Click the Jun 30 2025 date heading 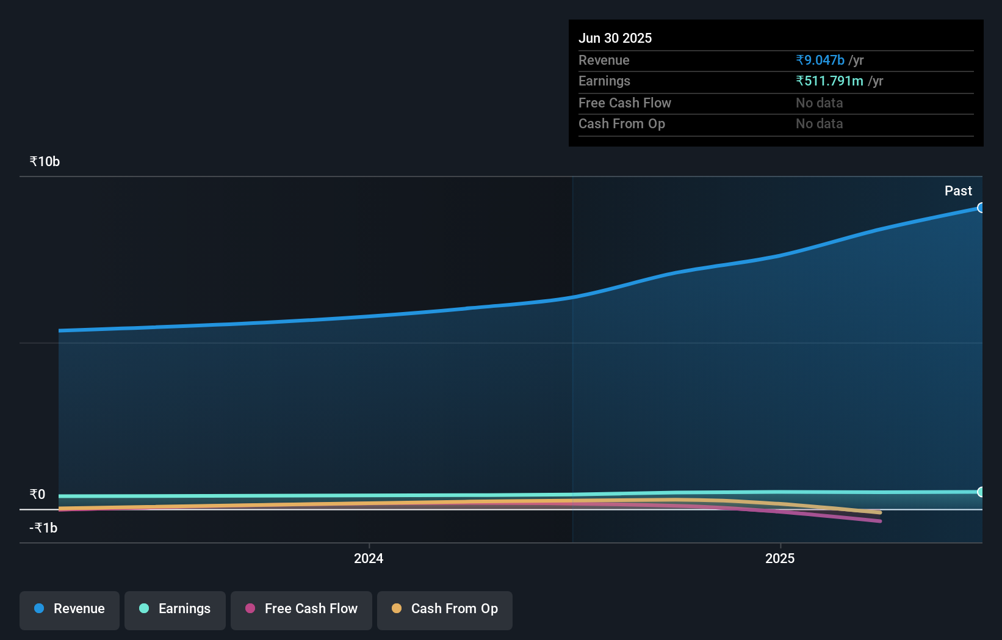point(615,38)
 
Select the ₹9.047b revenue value point(820,60)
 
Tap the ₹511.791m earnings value point(829,81)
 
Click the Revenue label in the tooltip point(604,60)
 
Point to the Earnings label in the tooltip point(604,81)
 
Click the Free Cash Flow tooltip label point(624,103)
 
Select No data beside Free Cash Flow point(819,103)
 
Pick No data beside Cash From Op point(819,123)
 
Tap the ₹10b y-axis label point(45,161)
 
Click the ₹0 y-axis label point(37,494)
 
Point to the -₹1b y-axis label point(43,528)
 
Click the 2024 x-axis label point(369,558)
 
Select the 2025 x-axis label point(780,558)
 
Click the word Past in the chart point(957,191)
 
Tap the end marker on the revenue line point(981,208)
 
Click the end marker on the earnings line point(981,492)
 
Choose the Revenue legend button point(70,609)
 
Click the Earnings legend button point(175,609)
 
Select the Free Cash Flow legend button point(301,609)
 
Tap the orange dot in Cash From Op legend point(397,608)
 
